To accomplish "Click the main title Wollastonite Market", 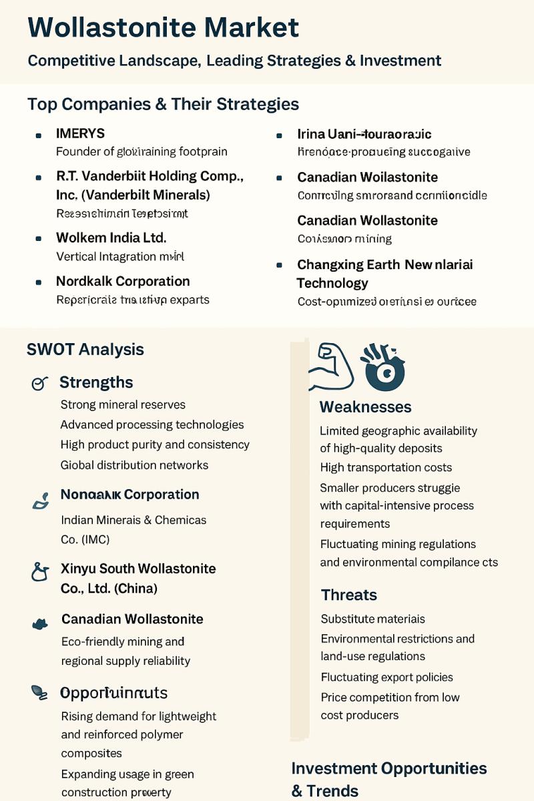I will coord(164,28).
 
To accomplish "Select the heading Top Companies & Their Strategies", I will coord(163,104).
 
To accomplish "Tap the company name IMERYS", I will coord(80,133).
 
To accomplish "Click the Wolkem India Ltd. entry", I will coord(111,238).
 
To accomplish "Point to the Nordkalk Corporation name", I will coord(123,281).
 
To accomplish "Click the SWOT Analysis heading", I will coord(85,349).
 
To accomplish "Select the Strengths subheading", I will coord(96,382).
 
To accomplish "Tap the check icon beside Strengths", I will coord(39,383).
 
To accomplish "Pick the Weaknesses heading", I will coord(365,407).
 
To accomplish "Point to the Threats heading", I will coord(348,595).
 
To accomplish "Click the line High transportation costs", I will coord(386,467).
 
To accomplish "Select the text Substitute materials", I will coord(372,619).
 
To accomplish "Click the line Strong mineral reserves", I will coord(123,405).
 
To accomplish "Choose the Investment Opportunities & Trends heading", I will coord(388,779).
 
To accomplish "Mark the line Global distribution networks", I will coord(134,465).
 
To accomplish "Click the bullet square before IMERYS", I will coord(39,135).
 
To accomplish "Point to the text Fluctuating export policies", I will coord(386,677).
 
